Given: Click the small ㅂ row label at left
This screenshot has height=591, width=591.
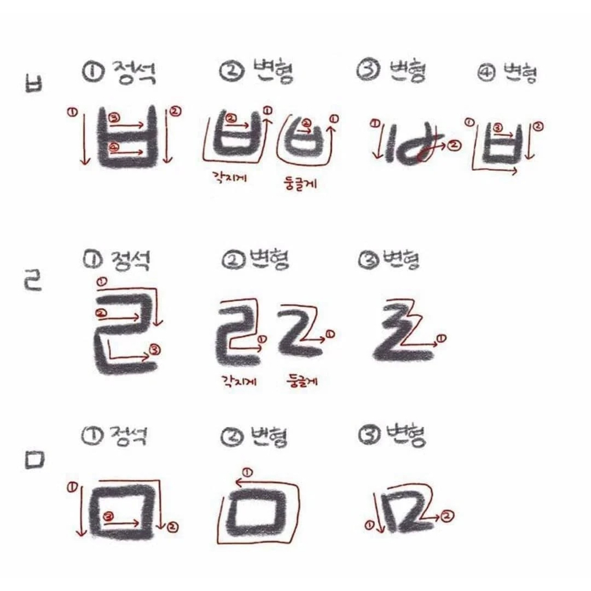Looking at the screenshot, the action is [33, 84].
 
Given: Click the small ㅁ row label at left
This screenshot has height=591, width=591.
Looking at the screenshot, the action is [35, 459].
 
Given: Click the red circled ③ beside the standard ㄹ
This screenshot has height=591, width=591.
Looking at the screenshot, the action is [155, 350].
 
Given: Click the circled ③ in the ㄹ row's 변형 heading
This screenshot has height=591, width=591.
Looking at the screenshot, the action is [368, 259].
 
